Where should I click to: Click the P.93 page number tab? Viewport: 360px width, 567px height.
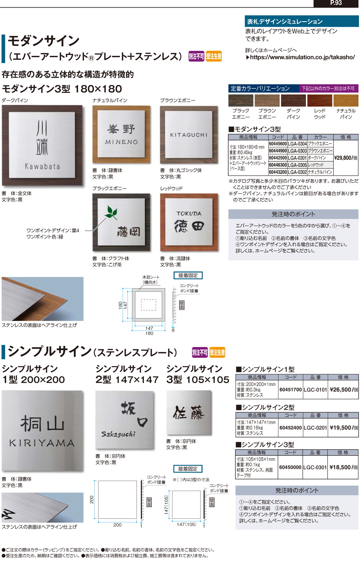[336, 3]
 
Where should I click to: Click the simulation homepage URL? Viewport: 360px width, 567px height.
[302, 57]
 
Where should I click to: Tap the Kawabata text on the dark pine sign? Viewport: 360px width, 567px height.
[42, 166]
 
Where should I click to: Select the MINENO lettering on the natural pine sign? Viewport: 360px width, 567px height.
[121, 142]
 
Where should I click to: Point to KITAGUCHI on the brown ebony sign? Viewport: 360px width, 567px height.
[189, 135]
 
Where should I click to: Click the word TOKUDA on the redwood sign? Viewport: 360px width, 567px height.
[189, 213]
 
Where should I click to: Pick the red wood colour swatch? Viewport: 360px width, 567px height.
[319, 100]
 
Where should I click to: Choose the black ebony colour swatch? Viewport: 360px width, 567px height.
[240, 100]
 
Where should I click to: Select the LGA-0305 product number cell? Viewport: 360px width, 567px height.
[297, 165]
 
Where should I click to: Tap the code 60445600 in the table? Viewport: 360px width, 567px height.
[278, 144]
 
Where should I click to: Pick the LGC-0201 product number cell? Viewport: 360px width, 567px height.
[315, 428]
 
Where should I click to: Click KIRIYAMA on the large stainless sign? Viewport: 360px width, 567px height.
[42, 443]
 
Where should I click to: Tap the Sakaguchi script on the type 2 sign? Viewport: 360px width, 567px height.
[118, 434]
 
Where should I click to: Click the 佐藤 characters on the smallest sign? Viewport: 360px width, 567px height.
[189, 413]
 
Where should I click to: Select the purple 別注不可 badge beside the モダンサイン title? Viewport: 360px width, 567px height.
[196, 57]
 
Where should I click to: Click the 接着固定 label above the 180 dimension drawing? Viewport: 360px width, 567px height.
[188, 275]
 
